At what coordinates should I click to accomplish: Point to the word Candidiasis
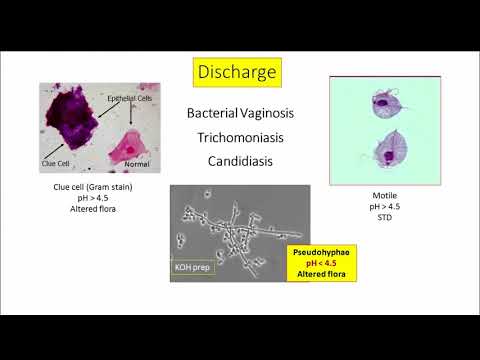coord(240,160)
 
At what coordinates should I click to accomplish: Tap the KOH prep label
coord(194,267)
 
